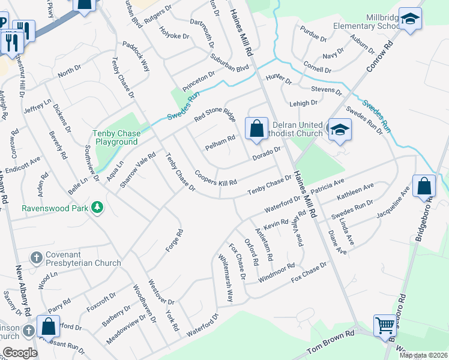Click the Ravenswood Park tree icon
97,208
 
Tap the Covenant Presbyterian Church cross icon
37,257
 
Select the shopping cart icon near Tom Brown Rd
385,326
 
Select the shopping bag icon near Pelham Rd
256,128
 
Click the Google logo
20,353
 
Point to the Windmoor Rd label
276,274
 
